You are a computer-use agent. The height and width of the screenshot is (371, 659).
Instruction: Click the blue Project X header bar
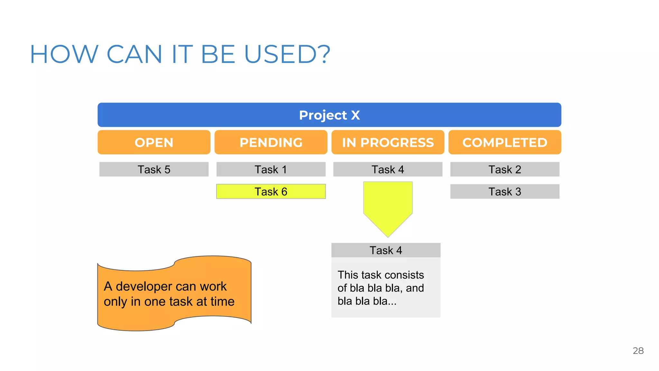[329, 115]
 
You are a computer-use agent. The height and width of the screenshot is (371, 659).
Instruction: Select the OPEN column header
[154, 142]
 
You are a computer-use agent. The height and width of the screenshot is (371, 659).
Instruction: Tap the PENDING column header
[271, 142]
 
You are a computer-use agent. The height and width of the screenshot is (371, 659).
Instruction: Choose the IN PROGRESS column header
[388, 142]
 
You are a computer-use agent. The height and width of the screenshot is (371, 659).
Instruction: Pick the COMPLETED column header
[505, 142]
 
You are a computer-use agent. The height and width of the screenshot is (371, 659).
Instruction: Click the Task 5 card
[154, 169]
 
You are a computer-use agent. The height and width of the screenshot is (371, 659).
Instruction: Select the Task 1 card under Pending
[271, 169]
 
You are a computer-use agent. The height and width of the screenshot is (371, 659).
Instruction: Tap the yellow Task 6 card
[271, 192]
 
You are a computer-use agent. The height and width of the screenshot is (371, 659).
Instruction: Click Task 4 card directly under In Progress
[388, 169]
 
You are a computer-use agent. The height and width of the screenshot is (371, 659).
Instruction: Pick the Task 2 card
[505, 169]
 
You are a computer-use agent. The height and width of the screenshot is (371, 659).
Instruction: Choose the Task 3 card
[505, 192]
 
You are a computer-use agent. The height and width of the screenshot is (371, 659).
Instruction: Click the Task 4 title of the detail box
[386, 250]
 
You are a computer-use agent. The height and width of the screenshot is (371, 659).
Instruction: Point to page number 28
[638, 351]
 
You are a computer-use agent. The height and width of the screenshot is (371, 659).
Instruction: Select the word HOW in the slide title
[64, 54]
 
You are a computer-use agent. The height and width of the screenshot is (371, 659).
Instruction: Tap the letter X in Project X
[355, 115]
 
